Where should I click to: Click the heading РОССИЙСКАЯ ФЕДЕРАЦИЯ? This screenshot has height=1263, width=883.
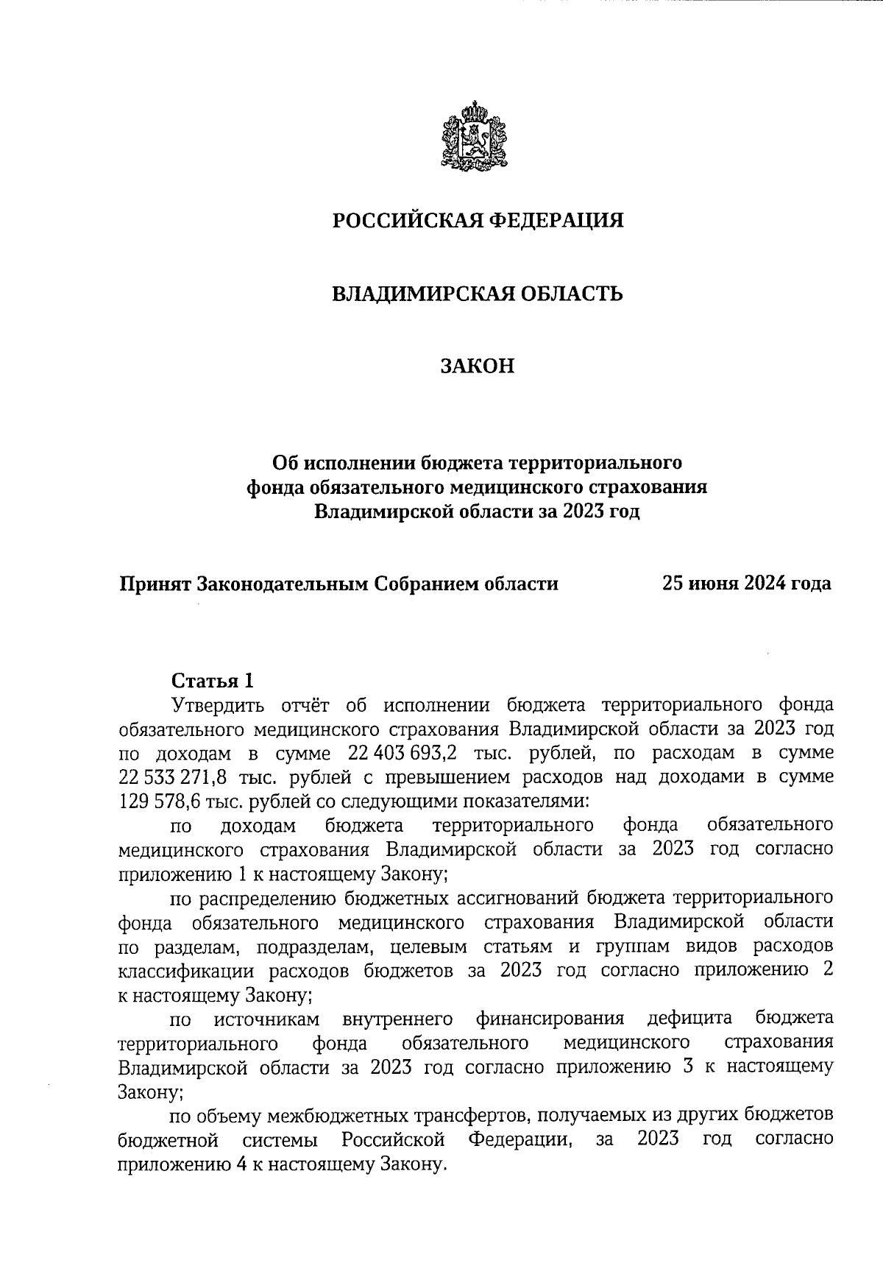[x=478, y=220]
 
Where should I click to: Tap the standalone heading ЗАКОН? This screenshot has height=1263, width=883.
[x=478, y=366]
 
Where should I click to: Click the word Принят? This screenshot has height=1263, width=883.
[x=156, y=584]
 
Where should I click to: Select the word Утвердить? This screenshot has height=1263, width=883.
[x=216, y=705]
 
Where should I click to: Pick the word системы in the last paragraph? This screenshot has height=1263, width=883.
[x=280, y=1139]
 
